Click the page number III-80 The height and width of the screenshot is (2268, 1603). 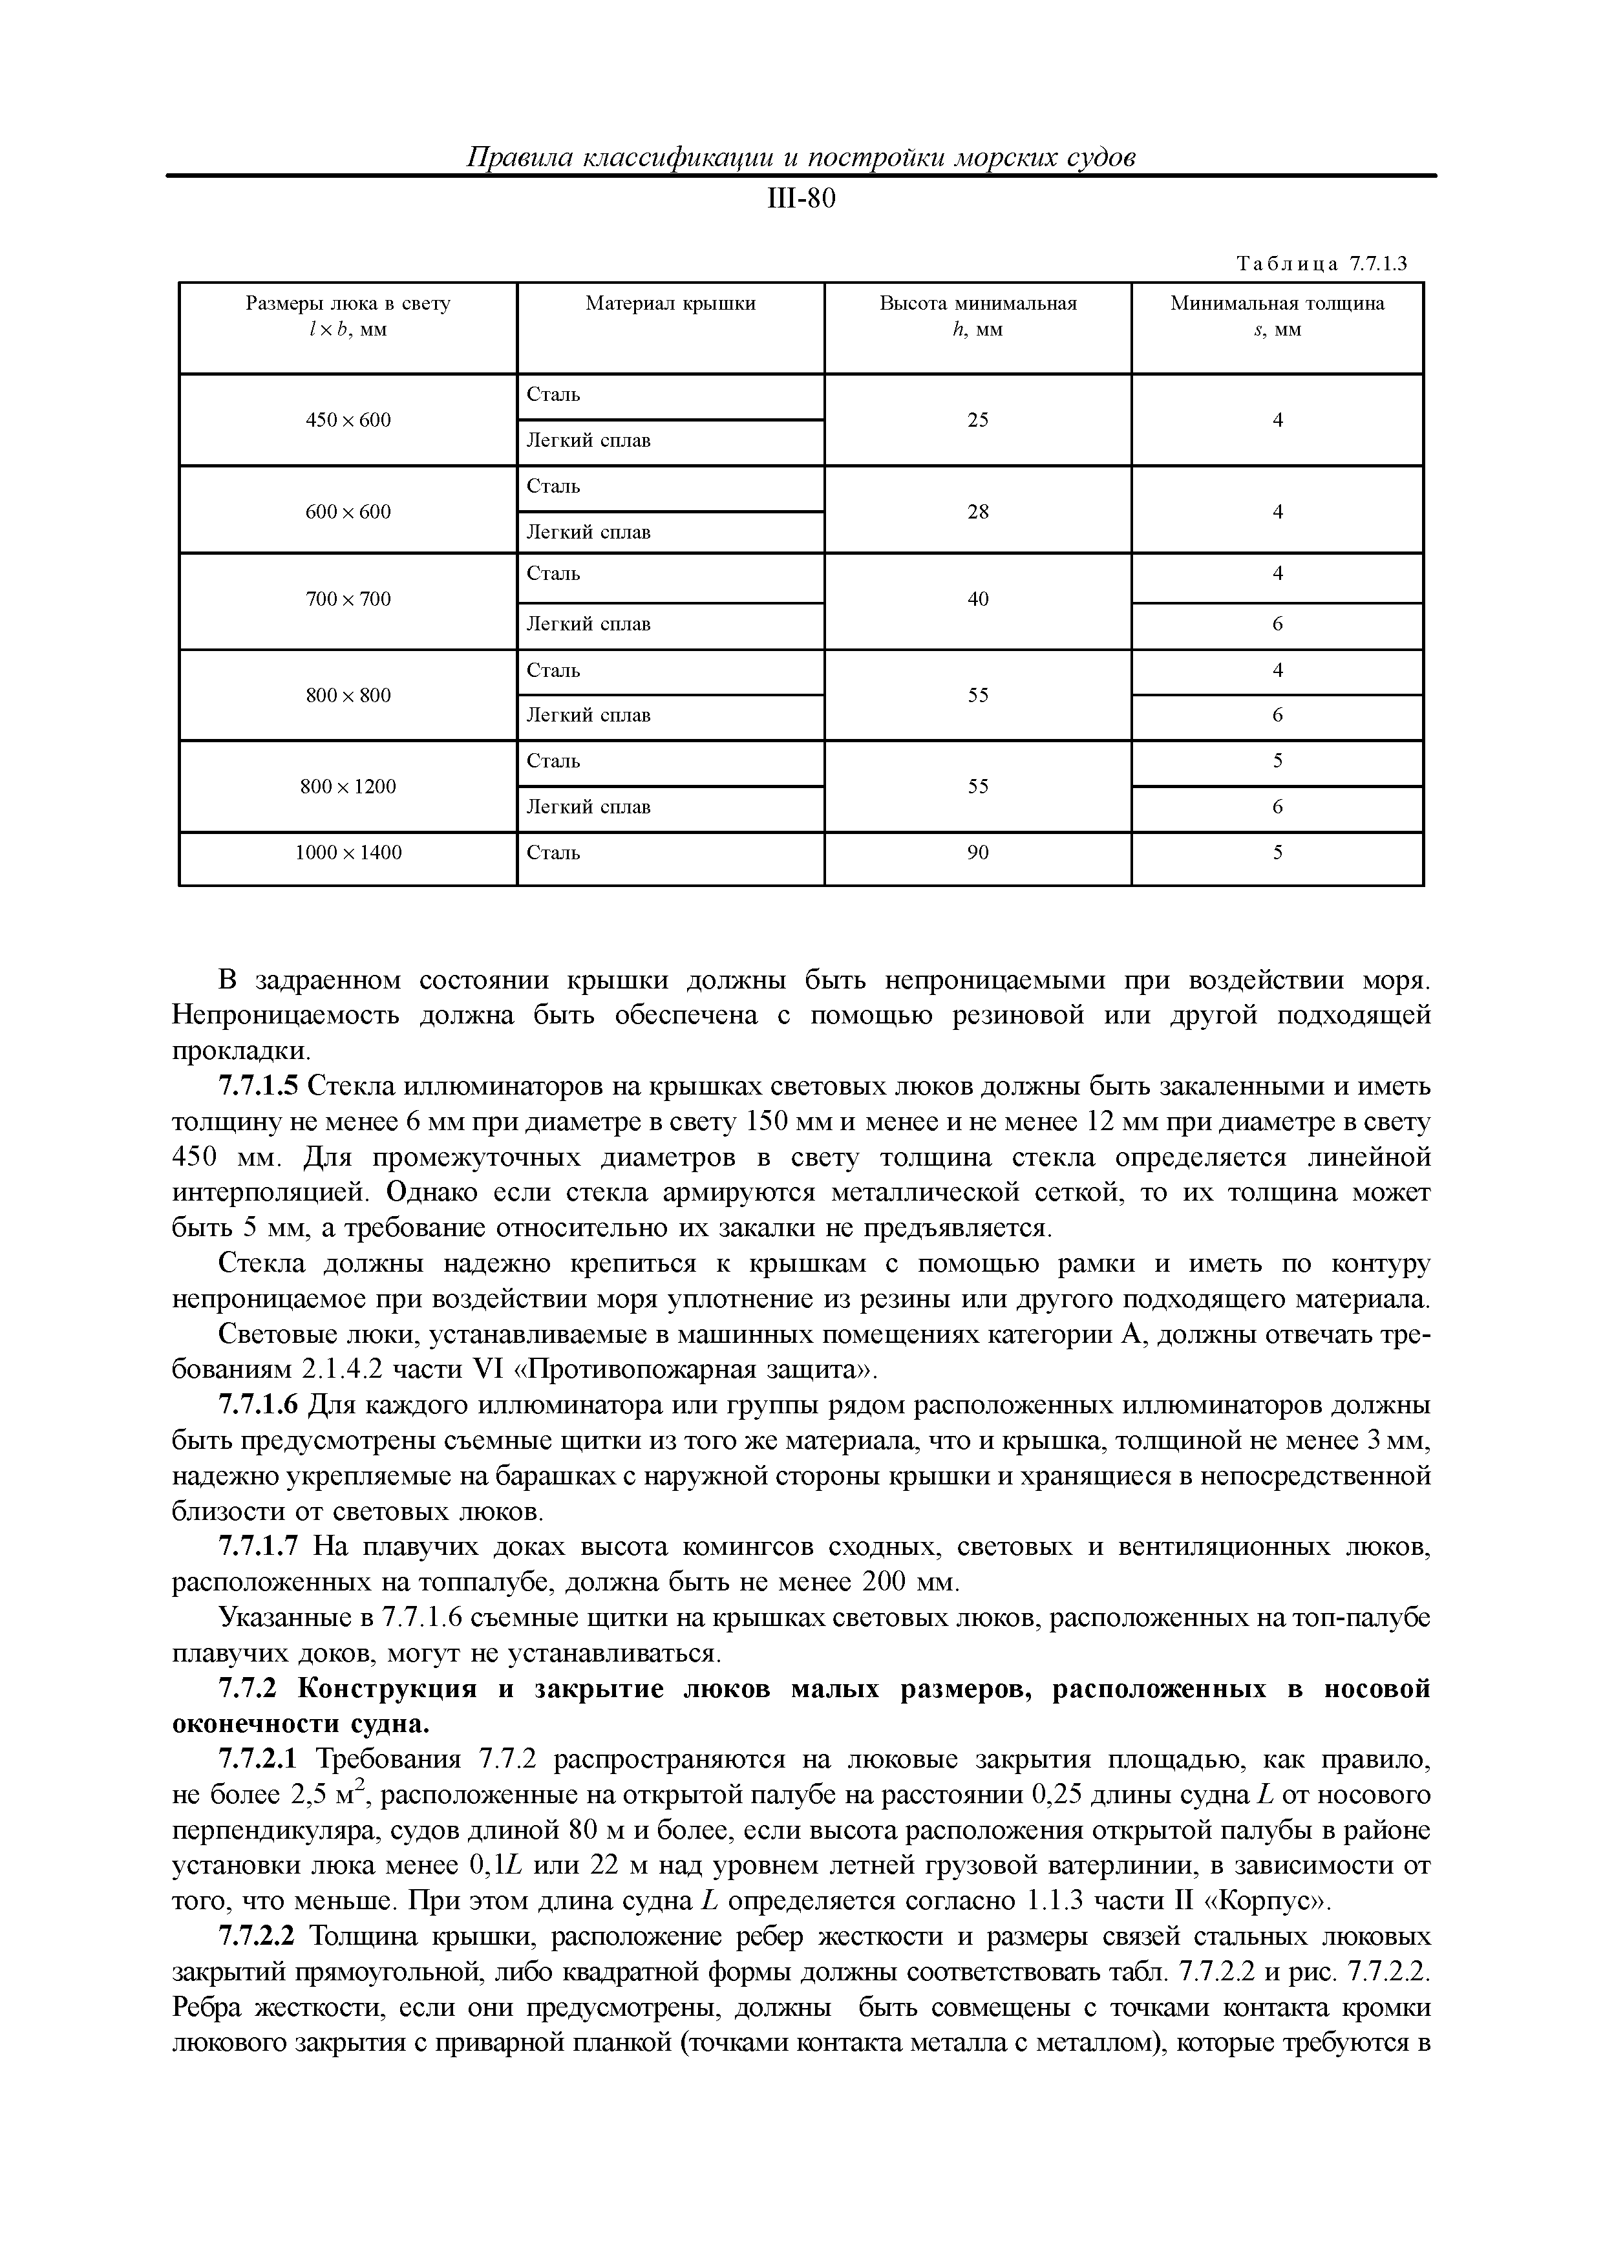pyautogui.click(x=801, y=200)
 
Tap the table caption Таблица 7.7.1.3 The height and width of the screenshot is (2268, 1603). pyautogui.click(x=1322, y=264)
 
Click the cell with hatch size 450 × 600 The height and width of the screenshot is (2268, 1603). pyautogui.click(x=348, y=420)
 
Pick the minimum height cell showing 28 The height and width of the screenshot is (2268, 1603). pyautogui.click(x=978, y=511)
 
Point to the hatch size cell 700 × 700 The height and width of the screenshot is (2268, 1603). pyautogui.click(x=348, y=599)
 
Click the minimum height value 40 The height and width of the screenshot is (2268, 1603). pyautogui.click(x=978, y=599)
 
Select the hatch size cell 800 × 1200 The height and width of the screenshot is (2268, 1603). pyautogui.click(x=348, y=786)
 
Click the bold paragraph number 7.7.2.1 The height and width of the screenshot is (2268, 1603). pyautogui.click(x=258, y=1759)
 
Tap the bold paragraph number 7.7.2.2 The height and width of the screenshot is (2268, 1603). pyautogui.click(x=258, y=1936)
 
